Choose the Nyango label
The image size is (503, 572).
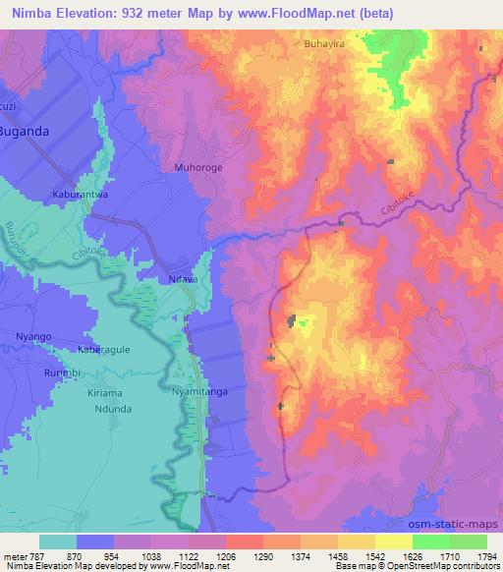point(32,336)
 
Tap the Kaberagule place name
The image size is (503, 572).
point(106,350)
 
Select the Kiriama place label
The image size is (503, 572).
point(108,391)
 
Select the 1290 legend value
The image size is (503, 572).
point(243,556)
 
